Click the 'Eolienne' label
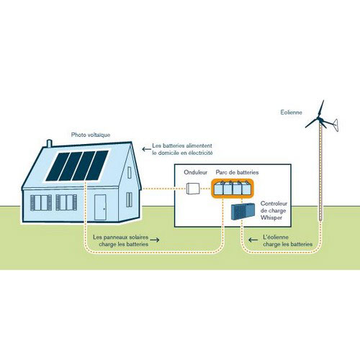pyautogui.click(x=291, y=112)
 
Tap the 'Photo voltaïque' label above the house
pyautogui.click(x=91, y=135)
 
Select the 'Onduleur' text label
pyautogui.click(x=196, y=172)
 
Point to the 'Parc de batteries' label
pyautogui.click(x=237, y=172)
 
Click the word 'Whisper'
pyautogui.click(x=271, y=217)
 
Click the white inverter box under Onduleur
pyautogui.click(x=193, y=189)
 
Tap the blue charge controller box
pyautogui.click(x=243, y=211)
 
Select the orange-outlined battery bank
pyautogui.click(x=233, y=189)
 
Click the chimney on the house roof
pyautogui.click(x=49, y=143)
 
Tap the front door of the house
pyautogui.click(x=100, y=207)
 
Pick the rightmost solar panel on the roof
pyautogui.click(x=97, y=166)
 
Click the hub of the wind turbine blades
pyautogui.click(x=319, y=118)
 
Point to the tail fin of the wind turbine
pyautogui.click(x=336, y=125)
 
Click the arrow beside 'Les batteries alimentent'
pyautogui.click(x=146, y=149)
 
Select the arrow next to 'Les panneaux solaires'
pyautogui.click(x=155, y=240)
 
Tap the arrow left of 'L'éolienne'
pyautogui.click(x=253, y=240)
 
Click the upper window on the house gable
pyautogui.click(x=130, y=173)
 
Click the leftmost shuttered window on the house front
pyautogui.click(x=41, y=203)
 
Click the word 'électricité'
pyautogui.click(x=200, y=153)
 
